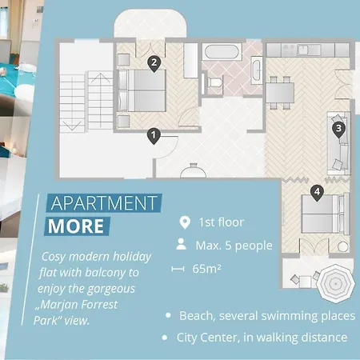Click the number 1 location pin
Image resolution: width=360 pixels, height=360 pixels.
pyautogui.click(x=154, y=136)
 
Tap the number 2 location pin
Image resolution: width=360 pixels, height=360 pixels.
pyautogui.click(x=154, y=64)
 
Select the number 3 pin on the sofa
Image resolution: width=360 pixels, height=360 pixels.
pyautogui.click(x=338, y=130)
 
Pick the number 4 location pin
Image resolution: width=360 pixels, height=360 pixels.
pyautogui.click(x=317, y=193)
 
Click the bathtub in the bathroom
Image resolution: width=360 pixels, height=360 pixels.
pyautogui.click(x=222, y=52)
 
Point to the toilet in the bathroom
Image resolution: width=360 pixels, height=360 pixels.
pyautogui.click(x=214, y=82)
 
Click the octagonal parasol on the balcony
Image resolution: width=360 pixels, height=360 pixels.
pyautogui.click(x=336, y=283)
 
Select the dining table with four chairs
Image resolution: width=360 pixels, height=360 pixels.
pyautogui.click(x=280, y=93)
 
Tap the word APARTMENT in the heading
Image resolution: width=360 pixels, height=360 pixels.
pyautogui.click(x=104, y=203)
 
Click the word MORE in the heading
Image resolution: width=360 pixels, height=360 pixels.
pyautogui.click(x=76, y=226)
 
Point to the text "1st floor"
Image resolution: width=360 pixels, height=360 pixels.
pyautogui.click(x=222, y=222)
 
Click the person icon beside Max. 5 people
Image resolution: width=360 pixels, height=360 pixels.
pyautogui.click(x=182, y=244)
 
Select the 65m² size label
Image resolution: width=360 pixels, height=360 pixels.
pyautogui.click(x=206, y=269)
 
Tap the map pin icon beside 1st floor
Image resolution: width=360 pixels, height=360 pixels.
pyautogui.click(x=185, y=222)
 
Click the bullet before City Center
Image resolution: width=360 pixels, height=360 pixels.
pyautogui.click(x=165, y=338)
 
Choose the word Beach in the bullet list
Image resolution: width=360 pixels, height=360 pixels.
pyautogui.click(x=198, y=316)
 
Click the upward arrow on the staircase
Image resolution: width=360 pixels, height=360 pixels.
pyautogui.click(x=100, y=99)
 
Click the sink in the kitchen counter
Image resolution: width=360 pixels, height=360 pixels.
pyautogui.click(x=303, y=50)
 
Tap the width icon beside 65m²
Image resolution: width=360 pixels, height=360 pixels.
pyautogui.click(x=178, y=269)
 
